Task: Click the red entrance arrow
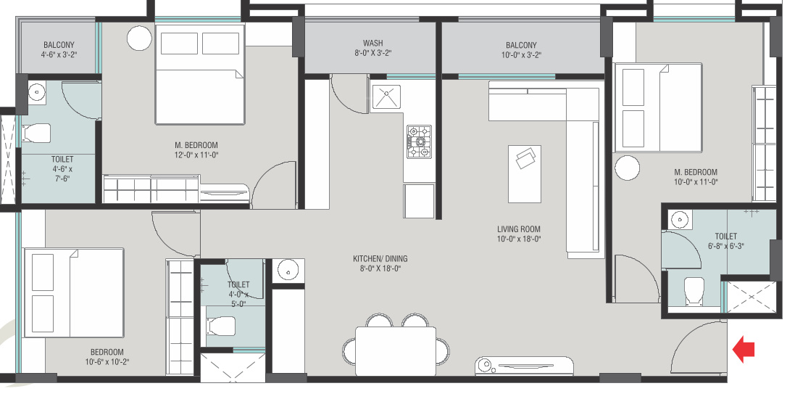744,349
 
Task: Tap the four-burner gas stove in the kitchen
419,141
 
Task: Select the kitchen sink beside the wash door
386,98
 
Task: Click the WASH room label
373,44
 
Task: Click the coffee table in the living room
525,174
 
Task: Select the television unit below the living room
523,366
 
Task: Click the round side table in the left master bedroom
140,38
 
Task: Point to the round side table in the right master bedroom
628,168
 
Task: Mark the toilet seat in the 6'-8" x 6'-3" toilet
695,290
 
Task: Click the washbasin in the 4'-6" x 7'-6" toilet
36,93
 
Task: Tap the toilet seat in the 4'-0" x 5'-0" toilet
220,326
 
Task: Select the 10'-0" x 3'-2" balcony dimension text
521,54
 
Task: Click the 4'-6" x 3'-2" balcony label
59,50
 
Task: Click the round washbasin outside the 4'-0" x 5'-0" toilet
288,271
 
